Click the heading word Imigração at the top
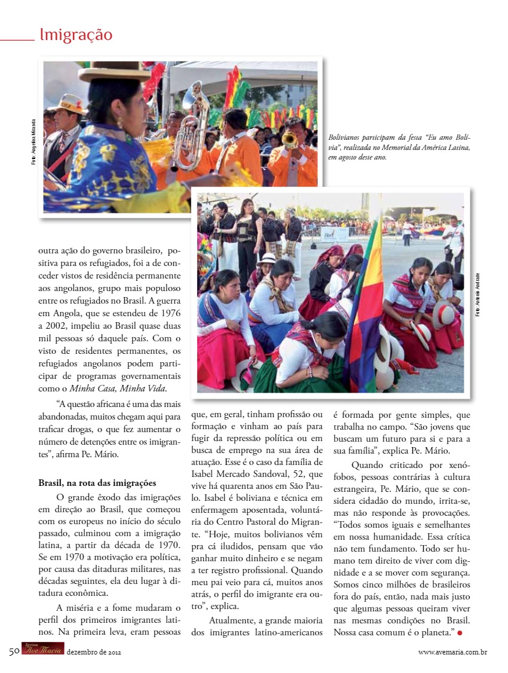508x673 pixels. coord(76,35)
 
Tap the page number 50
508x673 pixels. coord(14,651)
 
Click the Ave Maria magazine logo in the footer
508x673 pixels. coord(42,650)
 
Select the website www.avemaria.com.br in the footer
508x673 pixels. coord(452,652)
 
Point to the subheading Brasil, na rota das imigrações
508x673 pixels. coord(97,482)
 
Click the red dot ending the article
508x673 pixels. coord(460,632)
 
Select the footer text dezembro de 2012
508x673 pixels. coord(94,652)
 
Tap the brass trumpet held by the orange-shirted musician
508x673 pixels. coord(290,141)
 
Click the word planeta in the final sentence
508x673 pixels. coord(434,632)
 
